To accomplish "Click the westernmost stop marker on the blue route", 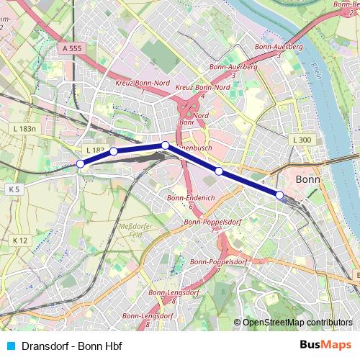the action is coord(81,164).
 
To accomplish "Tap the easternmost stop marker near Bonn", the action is coord(279,194).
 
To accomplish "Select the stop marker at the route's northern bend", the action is coord(165,145).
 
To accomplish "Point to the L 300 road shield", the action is coord(302,140).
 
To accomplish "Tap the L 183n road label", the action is coord(24,128).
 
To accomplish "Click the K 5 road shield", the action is coord(14,189).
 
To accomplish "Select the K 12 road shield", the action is coord(19,240).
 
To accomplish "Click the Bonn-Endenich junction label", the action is coord(186,201).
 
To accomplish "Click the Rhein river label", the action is coord(318,72).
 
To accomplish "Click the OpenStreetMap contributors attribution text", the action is coord(296,322).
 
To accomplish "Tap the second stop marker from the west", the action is coord(113,151).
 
